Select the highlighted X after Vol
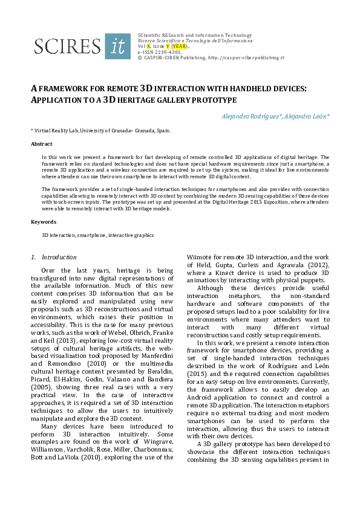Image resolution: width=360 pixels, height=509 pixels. [x=149, y=46]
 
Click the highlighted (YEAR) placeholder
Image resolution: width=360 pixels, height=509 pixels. [x=180, y=46]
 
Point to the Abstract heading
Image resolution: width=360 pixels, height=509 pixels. [x=42, y=144]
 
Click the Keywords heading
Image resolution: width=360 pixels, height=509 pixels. [x=43, y=222]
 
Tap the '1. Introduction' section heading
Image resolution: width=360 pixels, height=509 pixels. [x=54, y=257]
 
